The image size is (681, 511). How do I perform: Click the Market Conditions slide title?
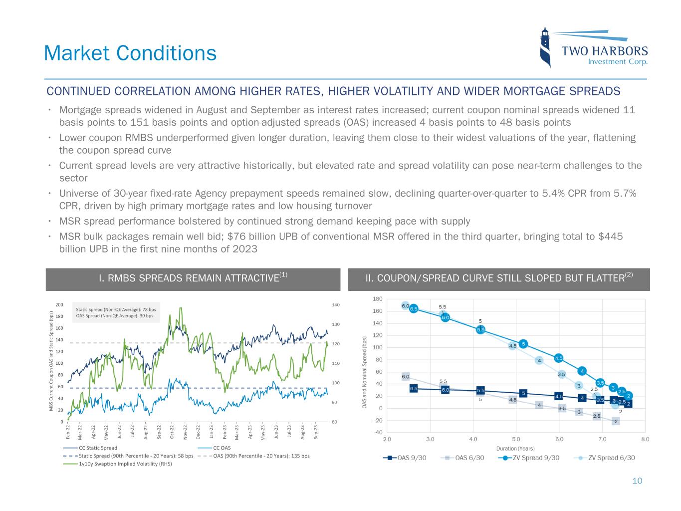[x=130, y=53]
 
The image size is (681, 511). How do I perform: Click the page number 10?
[x=637, y=481]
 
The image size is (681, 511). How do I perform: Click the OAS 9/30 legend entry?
[x=405, y=458]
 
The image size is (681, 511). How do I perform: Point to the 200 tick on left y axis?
[x=59, y=305]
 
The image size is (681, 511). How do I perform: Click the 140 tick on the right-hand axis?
[x=335, y=305]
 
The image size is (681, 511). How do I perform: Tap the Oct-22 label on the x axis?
[x=172, y=430]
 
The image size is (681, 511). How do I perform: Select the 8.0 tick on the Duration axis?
[x=645, y=440]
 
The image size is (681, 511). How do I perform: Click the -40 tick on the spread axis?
[x=378, y=433]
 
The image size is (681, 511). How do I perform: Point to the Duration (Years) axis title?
[x=515, y=449]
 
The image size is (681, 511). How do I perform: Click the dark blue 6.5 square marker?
[x=414, y=388]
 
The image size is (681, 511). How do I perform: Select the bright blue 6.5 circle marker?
[x=414, y=309]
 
